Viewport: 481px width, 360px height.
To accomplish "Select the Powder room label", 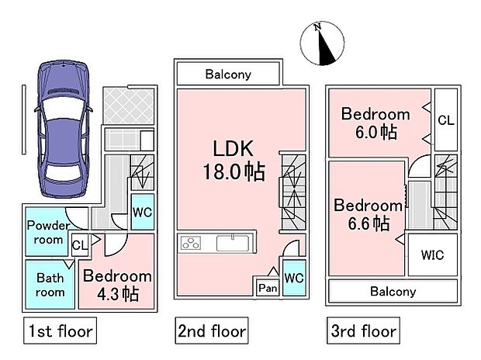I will tap(48, 232).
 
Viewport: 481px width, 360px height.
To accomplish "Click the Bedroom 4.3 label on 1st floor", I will tap(117, 284).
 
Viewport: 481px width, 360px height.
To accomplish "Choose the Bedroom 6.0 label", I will tap(376, 123).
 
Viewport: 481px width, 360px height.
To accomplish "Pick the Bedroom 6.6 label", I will tap(368, 214).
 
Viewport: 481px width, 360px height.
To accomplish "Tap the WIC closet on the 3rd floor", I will tap(432, 255).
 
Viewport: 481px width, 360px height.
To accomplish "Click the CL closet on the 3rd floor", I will tap(445, 119).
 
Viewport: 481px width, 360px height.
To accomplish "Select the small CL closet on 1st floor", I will tap(79, 246).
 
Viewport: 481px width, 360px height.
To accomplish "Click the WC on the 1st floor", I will tap(141, 212).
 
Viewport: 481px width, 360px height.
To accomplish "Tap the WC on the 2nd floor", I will tap(292, 278).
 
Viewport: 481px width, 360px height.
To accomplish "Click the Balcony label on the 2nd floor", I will tap(227, 74).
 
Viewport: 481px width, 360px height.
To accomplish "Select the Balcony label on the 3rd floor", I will tap(392, 292).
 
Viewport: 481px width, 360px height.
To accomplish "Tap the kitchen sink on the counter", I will tap(232, 243).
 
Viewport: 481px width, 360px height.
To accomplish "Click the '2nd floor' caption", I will tap(211, 331).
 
